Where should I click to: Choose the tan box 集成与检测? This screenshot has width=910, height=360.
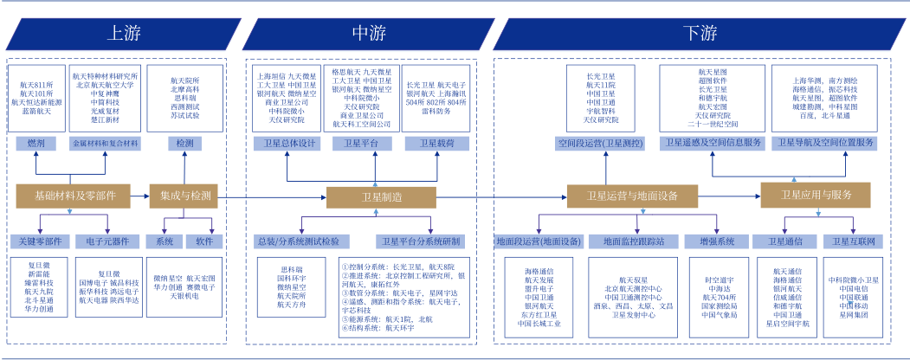[x=185, y=196]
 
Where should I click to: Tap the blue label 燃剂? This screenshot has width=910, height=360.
[x=36, y=142]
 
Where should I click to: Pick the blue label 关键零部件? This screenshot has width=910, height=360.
[x=40, y=241]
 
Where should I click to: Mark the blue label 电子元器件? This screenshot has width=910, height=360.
[x=107, y=241]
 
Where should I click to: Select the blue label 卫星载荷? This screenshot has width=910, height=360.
[x=436, y=143]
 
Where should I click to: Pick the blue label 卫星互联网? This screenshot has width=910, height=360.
[x=853, y=241]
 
